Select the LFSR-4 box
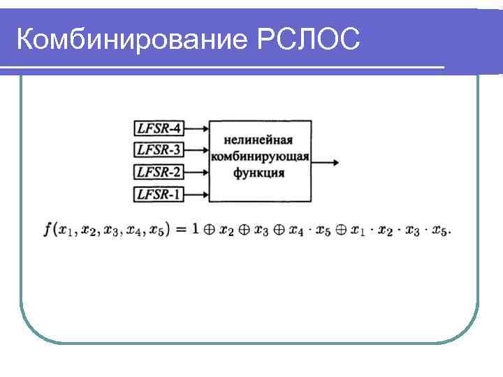pyautogui.click(x=159, y=128)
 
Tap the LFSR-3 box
pyautogui.click(x=159, y=149)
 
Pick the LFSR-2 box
pyautogui.click(x=159, y=172)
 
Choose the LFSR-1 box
pyautogui.click(x=159, y=194)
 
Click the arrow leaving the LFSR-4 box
pyautogui.click(x=197, y=128)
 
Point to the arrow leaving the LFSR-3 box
pyautogui.click(x=197, y=149)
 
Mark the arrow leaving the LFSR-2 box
pyautogui.click(x=197, y=172)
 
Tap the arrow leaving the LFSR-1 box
pyautogui.click(x=197, y=194)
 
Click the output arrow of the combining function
pyautogui.click(x=326, y=162)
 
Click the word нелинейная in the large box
pyautogui.click(x=261, y=140)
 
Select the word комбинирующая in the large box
pyautogui.click(x=261, y=156)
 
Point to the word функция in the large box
pyautogui.click(x=260, y=172)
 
